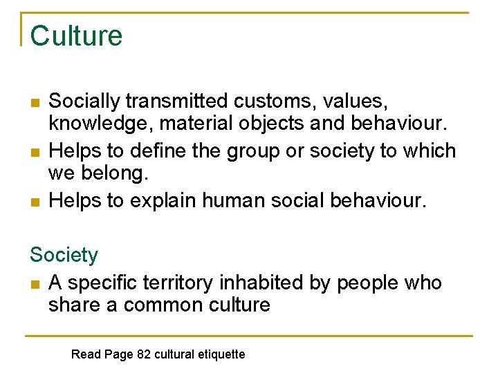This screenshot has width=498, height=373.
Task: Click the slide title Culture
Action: click(76, 36)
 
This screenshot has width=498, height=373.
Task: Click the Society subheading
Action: click(64, 255)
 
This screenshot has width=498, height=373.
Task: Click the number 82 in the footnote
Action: click(144, 354)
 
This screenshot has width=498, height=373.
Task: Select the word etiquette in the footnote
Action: click(222, 354)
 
